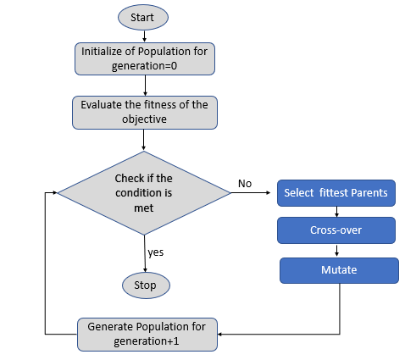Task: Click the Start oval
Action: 143,17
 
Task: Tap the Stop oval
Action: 146,285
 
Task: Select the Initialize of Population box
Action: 145,58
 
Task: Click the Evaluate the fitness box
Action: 145,113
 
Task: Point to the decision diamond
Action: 144,193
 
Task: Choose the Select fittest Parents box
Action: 336,193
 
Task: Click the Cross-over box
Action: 336,230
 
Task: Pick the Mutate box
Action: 339,270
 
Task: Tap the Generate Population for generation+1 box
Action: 147,335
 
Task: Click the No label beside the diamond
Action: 245,184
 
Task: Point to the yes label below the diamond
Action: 156,252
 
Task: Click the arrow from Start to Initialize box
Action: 144,36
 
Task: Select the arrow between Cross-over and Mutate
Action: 336,251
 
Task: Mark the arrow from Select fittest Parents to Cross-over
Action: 336,212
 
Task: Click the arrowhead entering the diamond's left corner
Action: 55,193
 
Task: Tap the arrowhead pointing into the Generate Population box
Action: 220,335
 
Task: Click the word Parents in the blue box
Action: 369,193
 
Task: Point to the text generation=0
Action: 144,66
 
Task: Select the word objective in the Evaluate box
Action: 144,119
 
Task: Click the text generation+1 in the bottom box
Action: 147,341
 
